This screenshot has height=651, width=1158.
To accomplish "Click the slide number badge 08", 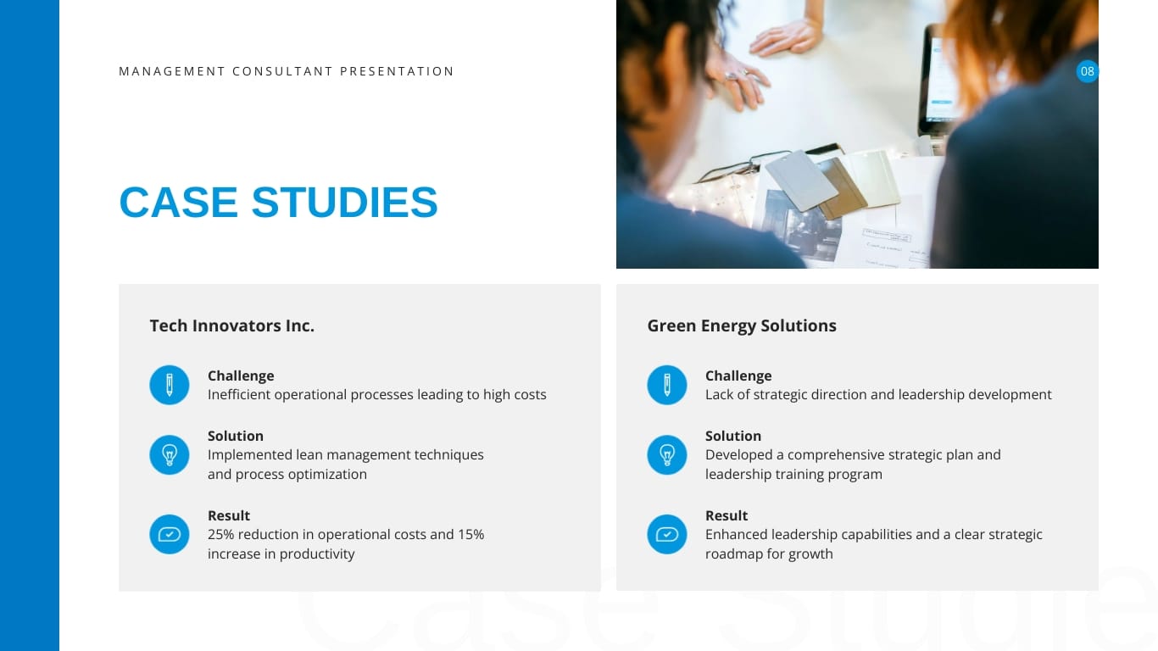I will [1087, 71].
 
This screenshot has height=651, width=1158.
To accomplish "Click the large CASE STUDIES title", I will [278, 203].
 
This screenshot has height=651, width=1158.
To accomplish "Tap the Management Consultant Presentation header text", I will [287, 71].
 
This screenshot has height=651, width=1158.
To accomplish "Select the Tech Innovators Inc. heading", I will [231, 325].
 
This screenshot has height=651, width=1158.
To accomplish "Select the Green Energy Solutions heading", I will [741, 325].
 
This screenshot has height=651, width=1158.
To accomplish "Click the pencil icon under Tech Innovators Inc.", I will [170, 385].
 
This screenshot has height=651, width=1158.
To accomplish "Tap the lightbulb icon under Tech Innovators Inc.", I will [170, 455].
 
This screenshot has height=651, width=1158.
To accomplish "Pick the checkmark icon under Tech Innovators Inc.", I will [170, 535].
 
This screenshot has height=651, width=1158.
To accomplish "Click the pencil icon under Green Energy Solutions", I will [667, 385].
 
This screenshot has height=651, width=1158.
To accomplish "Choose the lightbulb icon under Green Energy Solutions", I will [667, 455].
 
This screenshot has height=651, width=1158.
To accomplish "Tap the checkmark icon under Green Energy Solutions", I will [667, 535].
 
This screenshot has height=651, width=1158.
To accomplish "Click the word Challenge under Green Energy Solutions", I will [738, 376].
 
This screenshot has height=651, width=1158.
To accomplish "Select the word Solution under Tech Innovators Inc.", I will [236, 436].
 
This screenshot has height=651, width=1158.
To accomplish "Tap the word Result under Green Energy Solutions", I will [727, 515].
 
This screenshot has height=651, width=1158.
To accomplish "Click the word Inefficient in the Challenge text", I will [239, 395].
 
